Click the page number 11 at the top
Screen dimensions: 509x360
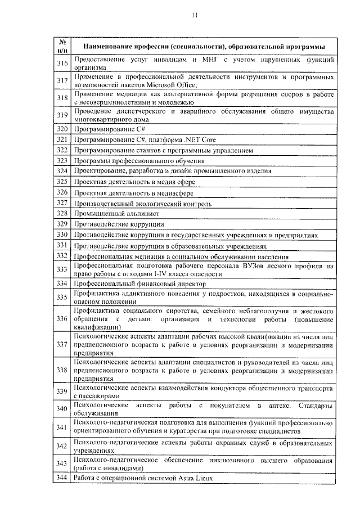coord(195,16)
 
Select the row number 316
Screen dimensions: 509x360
coord(62,64)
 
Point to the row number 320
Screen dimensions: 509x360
coord(62,129)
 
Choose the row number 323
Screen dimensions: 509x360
coord(62,161)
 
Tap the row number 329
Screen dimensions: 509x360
coord(62,224)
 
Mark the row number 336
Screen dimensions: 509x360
coord(62,319)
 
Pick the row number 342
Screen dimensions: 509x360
coord(62,445)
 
